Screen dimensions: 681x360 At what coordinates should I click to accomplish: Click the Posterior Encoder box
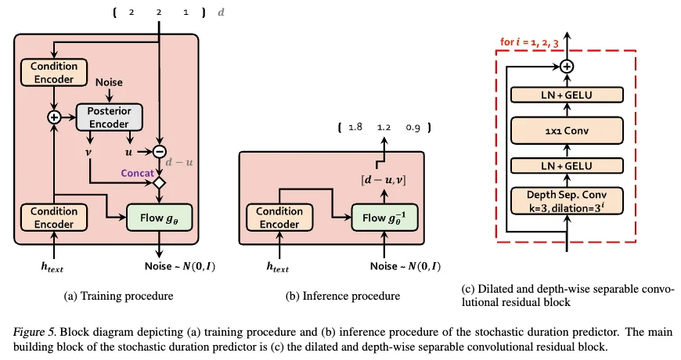click(x=110, y=117)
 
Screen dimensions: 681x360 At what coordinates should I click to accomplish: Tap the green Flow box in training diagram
click(x=159, y=218)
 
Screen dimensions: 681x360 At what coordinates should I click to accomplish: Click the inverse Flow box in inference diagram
click(x=384, y=218)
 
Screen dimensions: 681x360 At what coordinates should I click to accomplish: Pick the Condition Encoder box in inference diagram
click(x=279, y=218)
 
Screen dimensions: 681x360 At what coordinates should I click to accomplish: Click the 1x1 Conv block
click(x=567, y=130)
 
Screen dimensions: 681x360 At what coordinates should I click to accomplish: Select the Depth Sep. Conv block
click(x=567, y=201)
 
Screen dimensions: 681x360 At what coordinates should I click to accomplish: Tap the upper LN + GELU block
click(x=567, y=95)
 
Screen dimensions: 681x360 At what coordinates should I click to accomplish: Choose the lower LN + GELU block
click(x=567, y=165)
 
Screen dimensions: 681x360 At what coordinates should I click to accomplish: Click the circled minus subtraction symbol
click(x=160, y=152)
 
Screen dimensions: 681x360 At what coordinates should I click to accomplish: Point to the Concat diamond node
click(x=160, y=183)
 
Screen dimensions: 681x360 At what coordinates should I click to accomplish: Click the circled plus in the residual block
click(x=567, y=67)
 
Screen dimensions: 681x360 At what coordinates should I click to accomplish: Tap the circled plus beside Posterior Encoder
click(x=54, y=117)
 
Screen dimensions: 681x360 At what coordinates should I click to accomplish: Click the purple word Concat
click(x=137, y=173)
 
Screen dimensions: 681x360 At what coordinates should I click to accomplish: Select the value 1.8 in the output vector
click(x=355, y=127)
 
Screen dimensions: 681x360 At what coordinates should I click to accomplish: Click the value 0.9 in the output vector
click(x=413, y=128)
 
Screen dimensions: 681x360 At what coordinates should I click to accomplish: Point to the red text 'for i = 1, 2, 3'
click(x=529, y=42)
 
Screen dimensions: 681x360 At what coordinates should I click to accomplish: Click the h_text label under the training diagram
click(x=52, y=267)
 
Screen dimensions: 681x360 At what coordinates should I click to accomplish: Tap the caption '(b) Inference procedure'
click(x=343, y=296)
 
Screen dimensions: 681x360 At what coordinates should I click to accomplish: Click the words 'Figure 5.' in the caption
click(x=34, y=332)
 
